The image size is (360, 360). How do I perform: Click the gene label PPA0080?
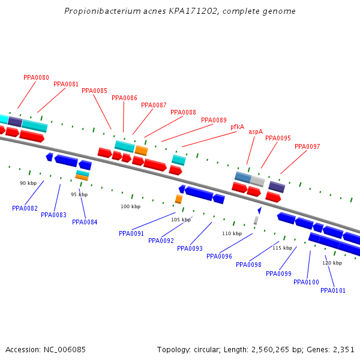36,77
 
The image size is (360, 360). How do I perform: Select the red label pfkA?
238,127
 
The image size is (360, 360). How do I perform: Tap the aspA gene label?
256,131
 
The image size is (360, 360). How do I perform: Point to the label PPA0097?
307,146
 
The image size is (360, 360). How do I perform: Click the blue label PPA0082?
25,208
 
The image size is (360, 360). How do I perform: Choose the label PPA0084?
85,222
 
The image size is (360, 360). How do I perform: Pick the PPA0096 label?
219,256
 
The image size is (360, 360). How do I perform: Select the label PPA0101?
333,290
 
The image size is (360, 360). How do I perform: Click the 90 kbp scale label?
28,183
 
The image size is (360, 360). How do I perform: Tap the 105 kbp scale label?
181,220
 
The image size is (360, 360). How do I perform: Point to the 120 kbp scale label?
332,263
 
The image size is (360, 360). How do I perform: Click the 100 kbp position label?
130,206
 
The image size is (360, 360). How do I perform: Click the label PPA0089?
214,120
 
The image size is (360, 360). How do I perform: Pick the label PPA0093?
190,248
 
